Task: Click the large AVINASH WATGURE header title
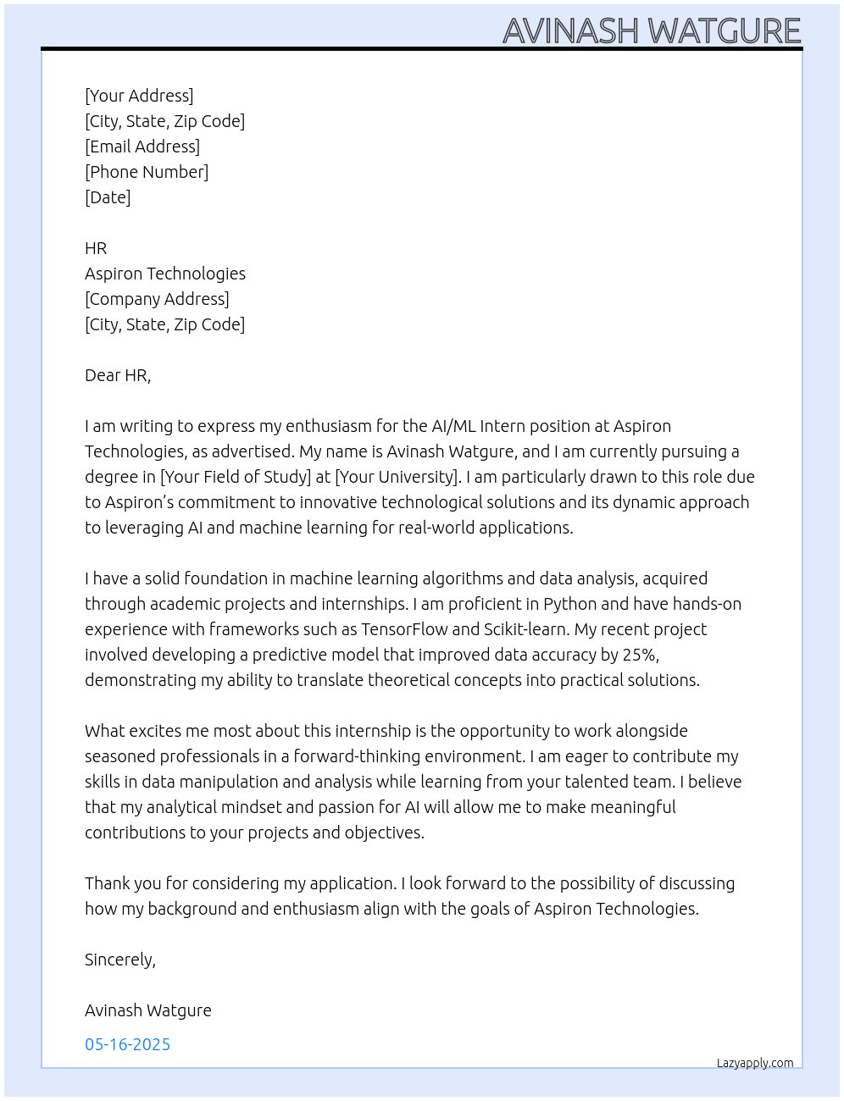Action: point(651,31)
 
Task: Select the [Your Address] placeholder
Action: point(139,96)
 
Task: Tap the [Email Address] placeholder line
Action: point(142,147)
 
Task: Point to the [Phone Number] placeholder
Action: point(147,172)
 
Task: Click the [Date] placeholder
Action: point(108,197)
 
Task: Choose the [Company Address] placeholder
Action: point(157,299)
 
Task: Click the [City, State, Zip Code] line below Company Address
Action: point(164,324)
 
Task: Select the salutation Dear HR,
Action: point(118,375)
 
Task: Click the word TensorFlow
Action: point(404,629)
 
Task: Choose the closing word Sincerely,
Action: point(120,960)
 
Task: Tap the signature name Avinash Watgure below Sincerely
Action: point(148,1010)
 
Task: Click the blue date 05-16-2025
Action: point(127,1044)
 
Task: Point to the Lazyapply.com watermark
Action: point(755,1063)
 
